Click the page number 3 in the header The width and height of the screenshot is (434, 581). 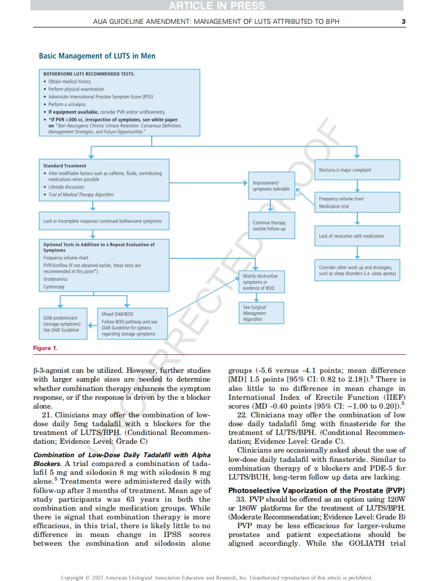point(403,21)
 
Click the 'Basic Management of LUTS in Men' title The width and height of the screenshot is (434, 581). point(97,56)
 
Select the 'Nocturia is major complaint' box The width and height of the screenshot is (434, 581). point(357,170)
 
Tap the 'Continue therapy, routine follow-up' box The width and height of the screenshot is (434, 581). point(269,226)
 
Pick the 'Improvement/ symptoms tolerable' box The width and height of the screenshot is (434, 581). point(271,186)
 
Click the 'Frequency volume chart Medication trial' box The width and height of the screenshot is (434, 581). point(357,202)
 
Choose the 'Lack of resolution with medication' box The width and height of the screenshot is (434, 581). point(357,236)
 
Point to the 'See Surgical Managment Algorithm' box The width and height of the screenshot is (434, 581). point(261,313)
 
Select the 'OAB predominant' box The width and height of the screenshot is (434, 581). point(62,324)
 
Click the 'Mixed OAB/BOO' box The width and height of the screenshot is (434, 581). point(133,324)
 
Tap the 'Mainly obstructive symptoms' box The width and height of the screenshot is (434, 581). point(261,282)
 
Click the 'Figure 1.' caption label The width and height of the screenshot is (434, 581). point(46,348)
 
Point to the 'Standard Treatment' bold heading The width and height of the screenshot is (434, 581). point(65,166)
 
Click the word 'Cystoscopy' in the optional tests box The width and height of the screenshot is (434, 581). point(54,286)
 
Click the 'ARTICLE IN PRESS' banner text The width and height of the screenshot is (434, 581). point(216,6)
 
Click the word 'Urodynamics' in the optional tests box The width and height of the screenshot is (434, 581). point(55,279)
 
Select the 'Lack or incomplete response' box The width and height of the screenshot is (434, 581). point(104,221)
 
